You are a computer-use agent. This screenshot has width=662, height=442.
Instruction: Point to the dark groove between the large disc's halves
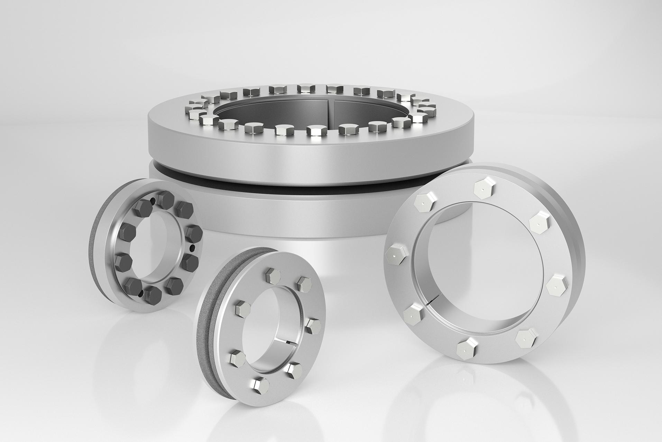(311, 189)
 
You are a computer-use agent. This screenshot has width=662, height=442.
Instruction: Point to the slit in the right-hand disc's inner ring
(430, 303)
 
